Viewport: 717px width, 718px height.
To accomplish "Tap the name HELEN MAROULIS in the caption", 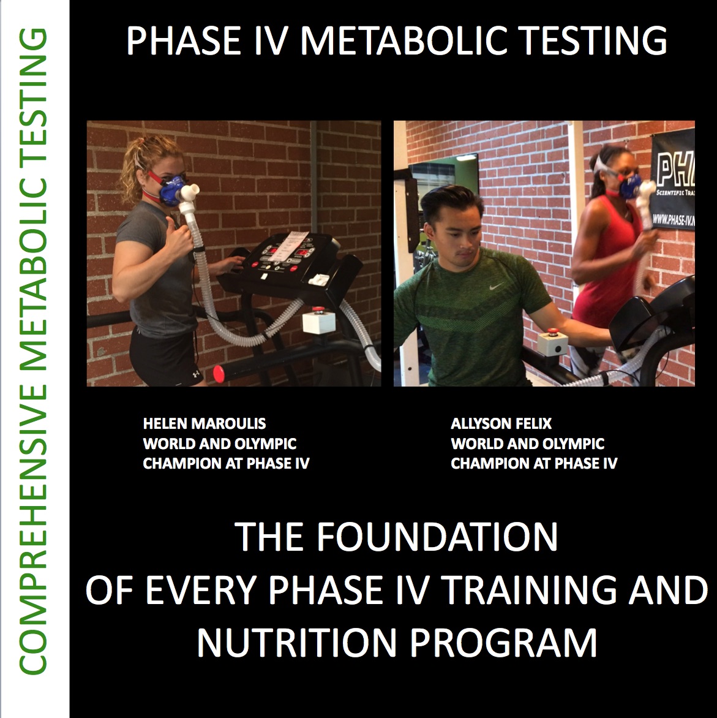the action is (204, 423).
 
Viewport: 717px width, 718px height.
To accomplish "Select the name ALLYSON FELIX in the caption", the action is (501, 423).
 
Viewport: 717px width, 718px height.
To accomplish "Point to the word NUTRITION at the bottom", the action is (296, 643).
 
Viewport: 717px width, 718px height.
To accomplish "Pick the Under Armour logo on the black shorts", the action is (196, 373).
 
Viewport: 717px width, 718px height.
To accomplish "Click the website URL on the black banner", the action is (673, 221).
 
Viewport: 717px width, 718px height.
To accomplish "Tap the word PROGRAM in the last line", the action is (503, 643).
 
